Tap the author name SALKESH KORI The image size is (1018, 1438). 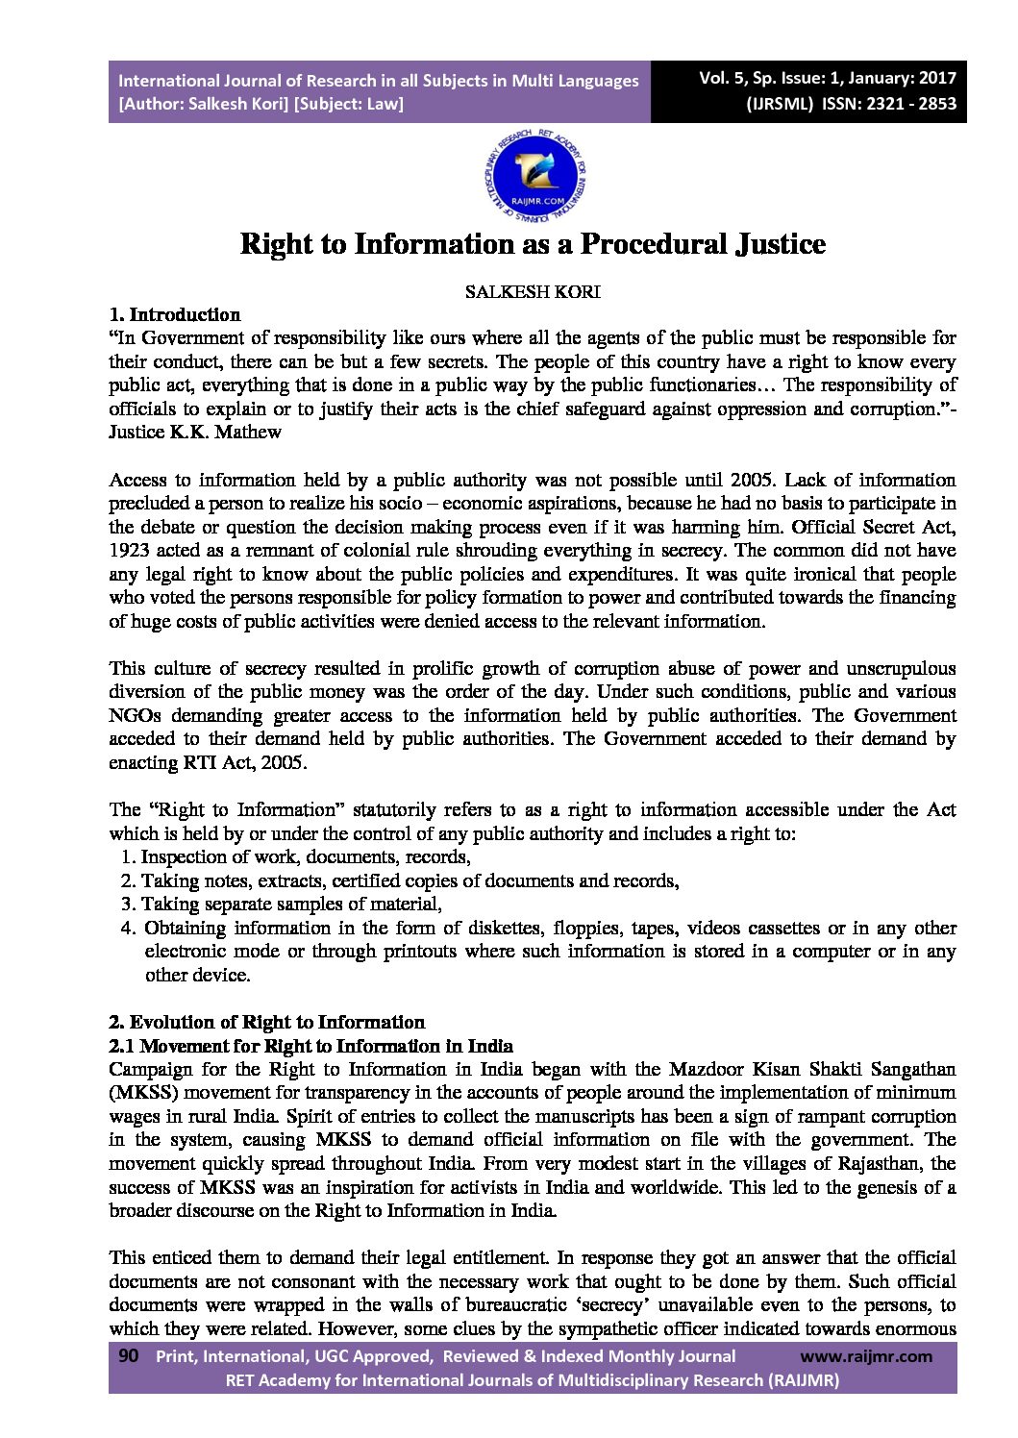(x=532, y=292)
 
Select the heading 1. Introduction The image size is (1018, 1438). (x=175, y=314)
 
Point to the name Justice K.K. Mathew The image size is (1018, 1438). (x=195, y=433)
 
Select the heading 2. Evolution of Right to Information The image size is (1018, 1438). (x=267, y=1022)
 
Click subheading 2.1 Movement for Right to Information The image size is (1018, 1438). (x=310, y=1046)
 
